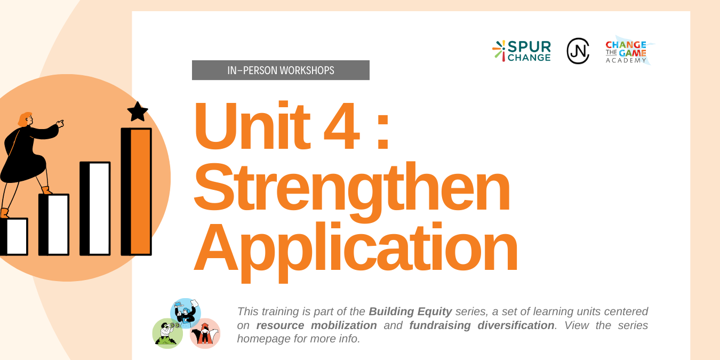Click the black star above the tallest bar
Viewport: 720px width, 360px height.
point(138,111)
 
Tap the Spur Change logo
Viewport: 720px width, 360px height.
point(522,51)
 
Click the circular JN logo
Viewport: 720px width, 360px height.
point(578,51)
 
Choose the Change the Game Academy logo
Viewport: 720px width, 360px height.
point(628,51)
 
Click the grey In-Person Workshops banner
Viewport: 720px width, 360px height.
point(281,70)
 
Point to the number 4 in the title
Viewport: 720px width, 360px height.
point(341,126)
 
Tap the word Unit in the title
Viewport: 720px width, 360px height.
point(252,126)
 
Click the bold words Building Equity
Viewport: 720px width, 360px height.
point(410,311)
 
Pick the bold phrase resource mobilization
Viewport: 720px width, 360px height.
point(317,325)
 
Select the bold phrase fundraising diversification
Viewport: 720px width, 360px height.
point(482,325)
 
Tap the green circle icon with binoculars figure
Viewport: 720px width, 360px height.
point(167,333)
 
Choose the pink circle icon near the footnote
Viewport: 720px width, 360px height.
point(205,333)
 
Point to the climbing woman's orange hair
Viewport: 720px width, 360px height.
point(25,119)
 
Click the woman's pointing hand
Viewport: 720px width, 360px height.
point(60,124)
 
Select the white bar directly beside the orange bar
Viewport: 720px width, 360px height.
point(95,209)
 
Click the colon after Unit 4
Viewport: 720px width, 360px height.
point(383,132)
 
